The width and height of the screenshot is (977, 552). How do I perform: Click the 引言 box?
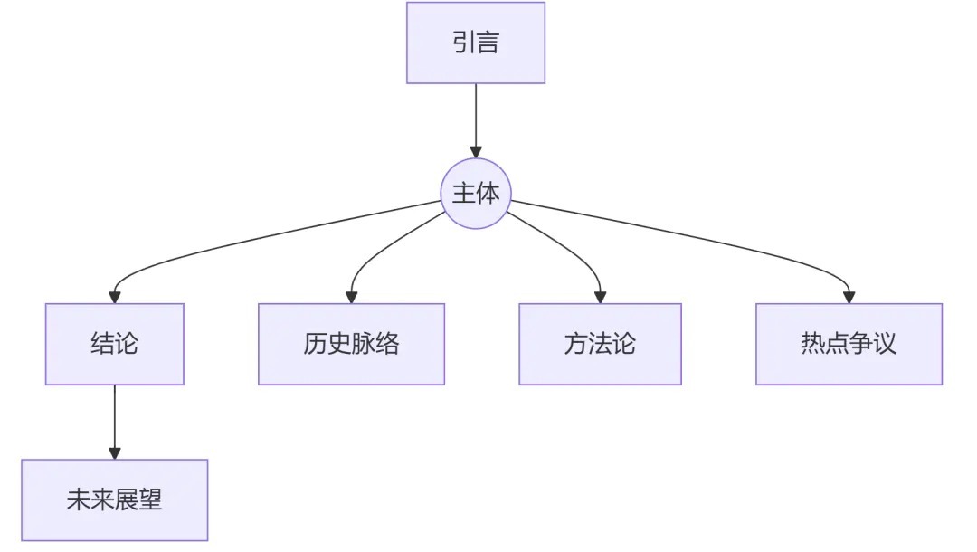pyautogui.click(x=476, y=43)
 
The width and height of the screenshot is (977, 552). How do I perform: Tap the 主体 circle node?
pyautogui.click(x=476, y=194)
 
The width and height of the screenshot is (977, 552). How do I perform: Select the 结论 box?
pyautogui.click(x=115, y=344)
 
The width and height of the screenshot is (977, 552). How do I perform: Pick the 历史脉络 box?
pyautogui.click(x=351, y=344)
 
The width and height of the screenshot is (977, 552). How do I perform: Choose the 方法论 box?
pyautogui.click(x=600, y=344)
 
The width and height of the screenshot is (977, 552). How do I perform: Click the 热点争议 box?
pyautogui.click(x=849, y=344)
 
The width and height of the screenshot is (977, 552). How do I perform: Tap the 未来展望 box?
pyautogui.click(x=115, y=500)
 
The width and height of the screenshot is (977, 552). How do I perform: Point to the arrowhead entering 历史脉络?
pyautogui.click(x=352, y=296)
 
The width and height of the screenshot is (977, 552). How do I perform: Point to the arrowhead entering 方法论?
pyautogui.click(x=600, y=296)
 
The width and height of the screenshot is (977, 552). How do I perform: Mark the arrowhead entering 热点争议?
pyautogui.click(x=849, y=296)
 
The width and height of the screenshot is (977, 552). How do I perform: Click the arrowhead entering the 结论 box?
pyautogui.click(x=115, y=296)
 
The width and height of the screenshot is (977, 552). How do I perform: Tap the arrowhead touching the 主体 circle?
pyautogui.click(x=476, y=151)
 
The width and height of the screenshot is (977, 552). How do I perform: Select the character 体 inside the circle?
pyautogui.click(x=488, y=194)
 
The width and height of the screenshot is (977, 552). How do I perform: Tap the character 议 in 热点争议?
pyautogui.click(x=885, y=344)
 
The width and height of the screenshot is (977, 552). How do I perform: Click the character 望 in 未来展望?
pyautogui.click(x=150, y=500)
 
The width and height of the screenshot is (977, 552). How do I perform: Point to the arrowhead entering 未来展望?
pyautogui.click(x=115, y=452)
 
